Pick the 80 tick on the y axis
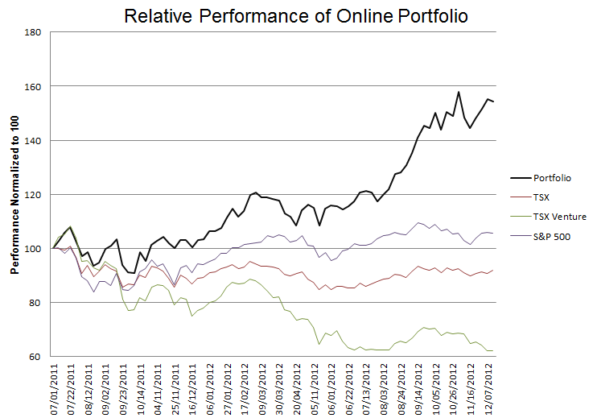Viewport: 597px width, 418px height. coord(35,303)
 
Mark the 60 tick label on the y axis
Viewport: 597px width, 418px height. coord(35,357)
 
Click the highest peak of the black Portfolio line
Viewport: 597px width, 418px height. coord(459,92)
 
